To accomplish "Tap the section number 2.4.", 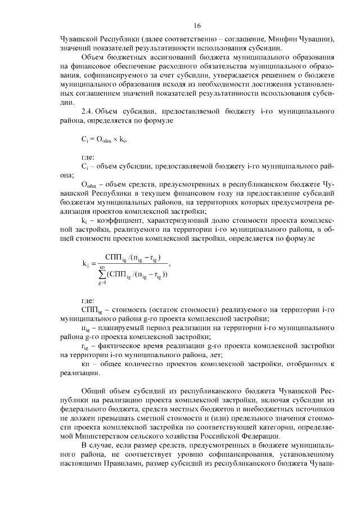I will [x=89, y=112].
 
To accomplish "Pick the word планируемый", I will [x=124, y=326].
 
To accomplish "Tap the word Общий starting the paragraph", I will [x=94, y=391].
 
